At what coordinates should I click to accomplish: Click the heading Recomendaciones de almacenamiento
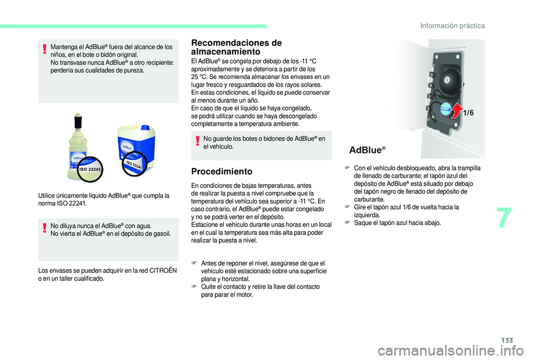pyautogui.click(x=235, y=47)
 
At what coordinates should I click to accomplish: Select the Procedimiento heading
pyautogui.click(x=221, y=171)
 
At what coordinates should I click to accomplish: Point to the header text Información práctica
pyautogui.click(x=452, y=26)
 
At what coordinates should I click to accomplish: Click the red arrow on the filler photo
pyautogui.click(x=456, y=111)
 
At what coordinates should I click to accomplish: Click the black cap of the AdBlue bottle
pyautogui.click(x=79, y=121)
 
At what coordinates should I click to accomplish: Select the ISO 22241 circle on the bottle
pyautogui.click(x=90, y=168)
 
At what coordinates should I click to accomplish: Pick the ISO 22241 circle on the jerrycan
pyautogui.click(x=133, y=164)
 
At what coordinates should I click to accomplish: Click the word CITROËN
pyautogui.click(x=165, y=271)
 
